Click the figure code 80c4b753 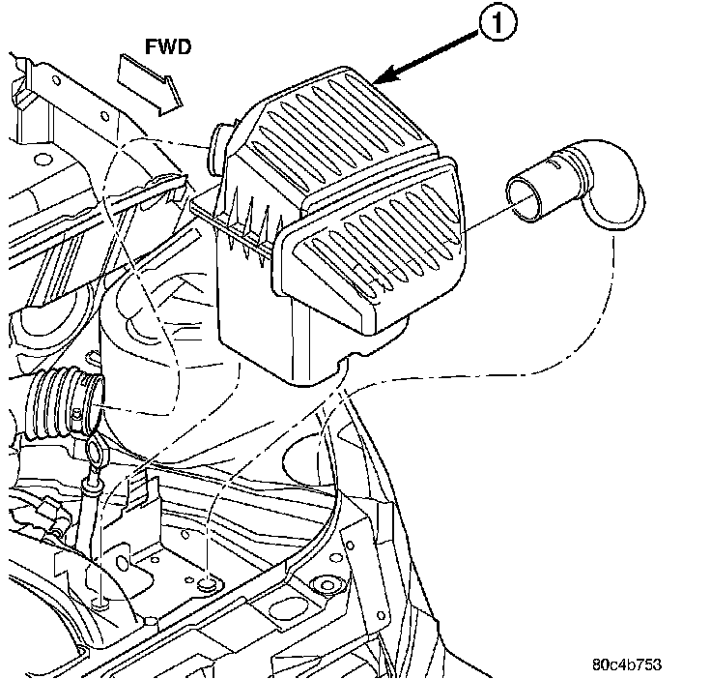628,665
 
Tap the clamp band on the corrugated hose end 89,401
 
